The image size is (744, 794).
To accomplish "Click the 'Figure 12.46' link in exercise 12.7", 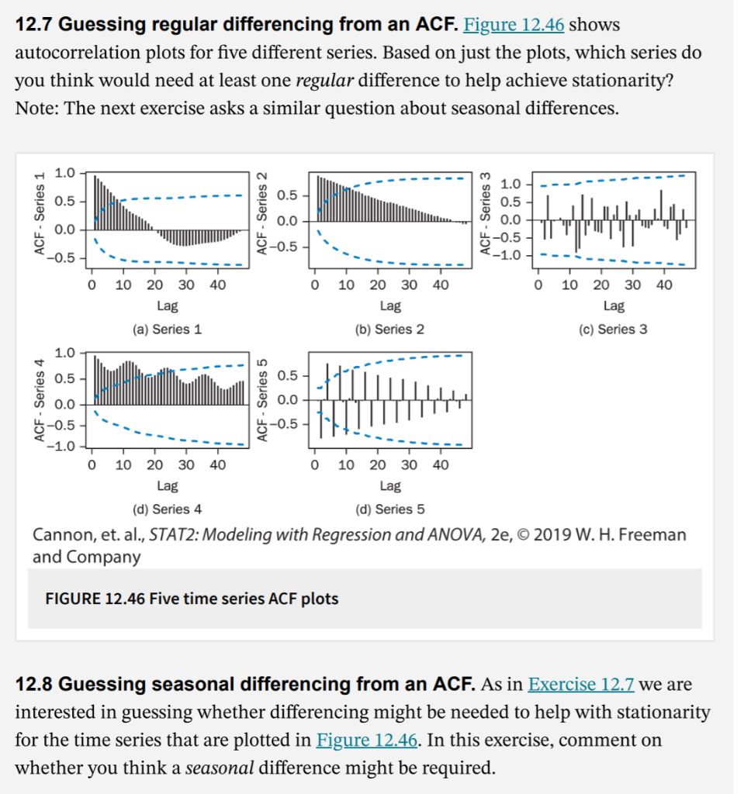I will coord(513,25).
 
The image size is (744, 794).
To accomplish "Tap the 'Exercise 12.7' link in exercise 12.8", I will coord(580,685).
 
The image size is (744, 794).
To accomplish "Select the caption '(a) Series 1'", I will coord(168,330).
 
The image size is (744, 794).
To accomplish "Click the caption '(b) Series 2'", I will coord(389,330).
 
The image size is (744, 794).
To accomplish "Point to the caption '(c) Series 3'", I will coord(613,330).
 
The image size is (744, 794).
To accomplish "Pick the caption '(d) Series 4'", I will coord(168,509).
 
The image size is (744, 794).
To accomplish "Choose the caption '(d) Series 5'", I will coord(389,509).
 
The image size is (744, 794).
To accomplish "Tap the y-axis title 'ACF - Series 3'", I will coord(486,214).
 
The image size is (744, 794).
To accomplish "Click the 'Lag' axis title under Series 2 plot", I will coord(390,307).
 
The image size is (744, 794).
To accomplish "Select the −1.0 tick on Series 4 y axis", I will coord(62,447).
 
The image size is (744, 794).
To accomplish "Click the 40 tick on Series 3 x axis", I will coord(664,285).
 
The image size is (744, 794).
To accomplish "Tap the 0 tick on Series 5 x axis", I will coord(315,465).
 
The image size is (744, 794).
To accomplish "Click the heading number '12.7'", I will coord(34,25).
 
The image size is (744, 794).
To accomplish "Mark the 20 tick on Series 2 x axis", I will coord(378,285).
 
